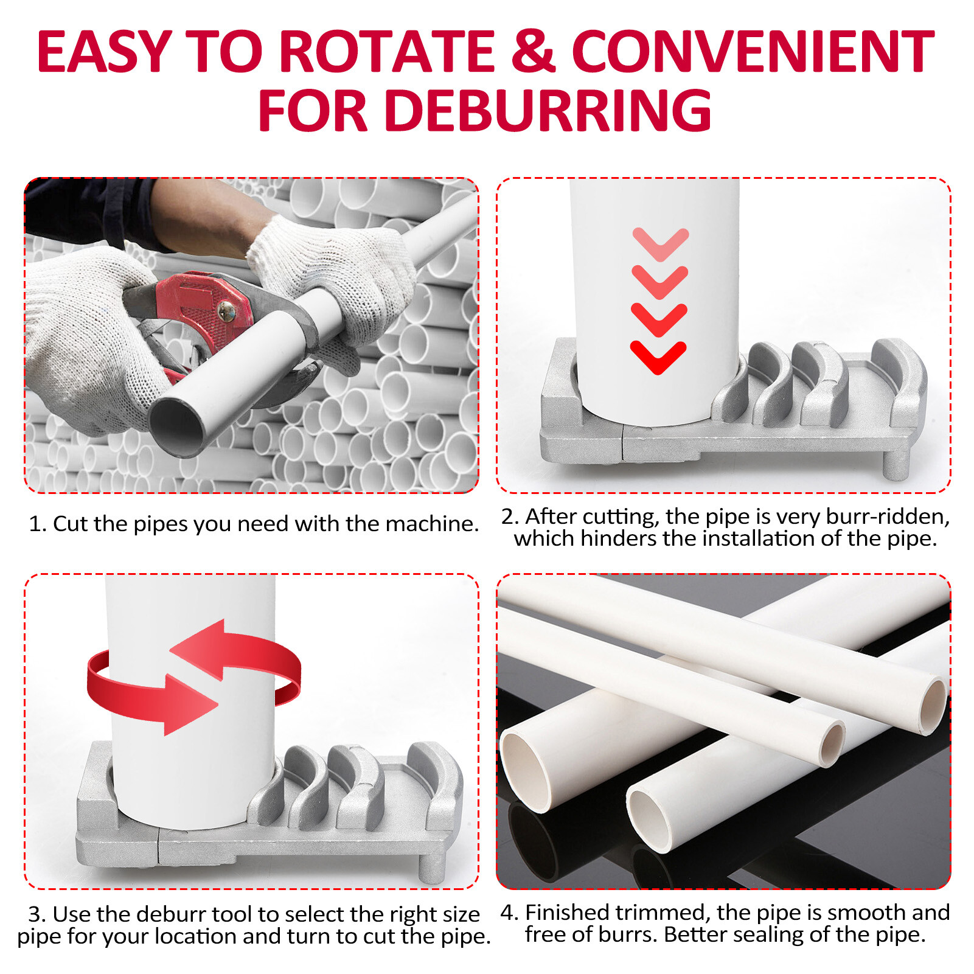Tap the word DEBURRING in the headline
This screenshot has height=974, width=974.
click(x=548, y=111)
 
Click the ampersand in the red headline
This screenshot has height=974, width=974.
click(x=533, y=52)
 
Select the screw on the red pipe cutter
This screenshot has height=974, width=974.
click(x=227, y=311)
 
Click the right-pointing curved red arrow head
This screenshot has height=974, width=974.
click(x=189, y=704)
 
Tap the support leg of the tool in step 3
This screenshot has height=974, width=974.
click(x=433, y=867)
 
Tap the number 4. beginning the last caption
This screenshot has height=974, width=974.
click(x=509, y=913)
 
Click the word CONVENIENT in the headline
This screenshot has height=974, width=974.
click(x=753, y=52)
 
